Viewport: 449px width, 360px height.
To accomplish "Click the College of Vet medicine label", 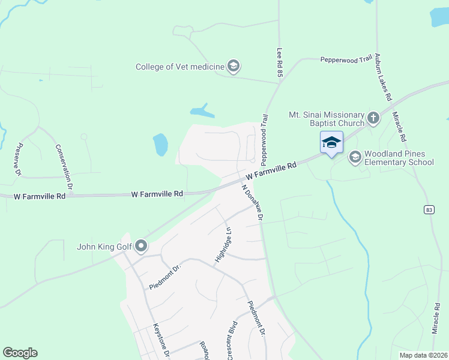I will click(179, 67).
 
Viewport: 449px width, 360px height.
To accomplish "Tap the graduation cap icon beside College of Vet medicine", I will click(234, 67).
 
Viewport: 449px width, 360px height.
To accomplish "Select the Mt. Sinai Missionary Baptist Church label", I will click(327, 119).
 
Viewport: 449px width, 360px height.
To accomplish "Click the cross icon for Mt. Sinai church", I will click(373, 118).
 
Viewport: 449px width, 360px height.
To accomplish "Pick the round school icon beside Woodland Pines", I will click(355, 157).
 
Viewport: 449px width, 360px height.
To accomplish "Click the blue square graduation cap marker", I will click(331, 143).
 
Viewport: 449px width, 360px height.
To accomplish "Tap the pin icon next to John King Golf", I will click(141, 246).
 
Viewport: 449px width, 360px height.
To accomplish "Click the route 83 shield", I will click(429, 209).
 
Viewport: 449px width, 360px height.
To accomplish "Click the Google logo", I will click(20, 353).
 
